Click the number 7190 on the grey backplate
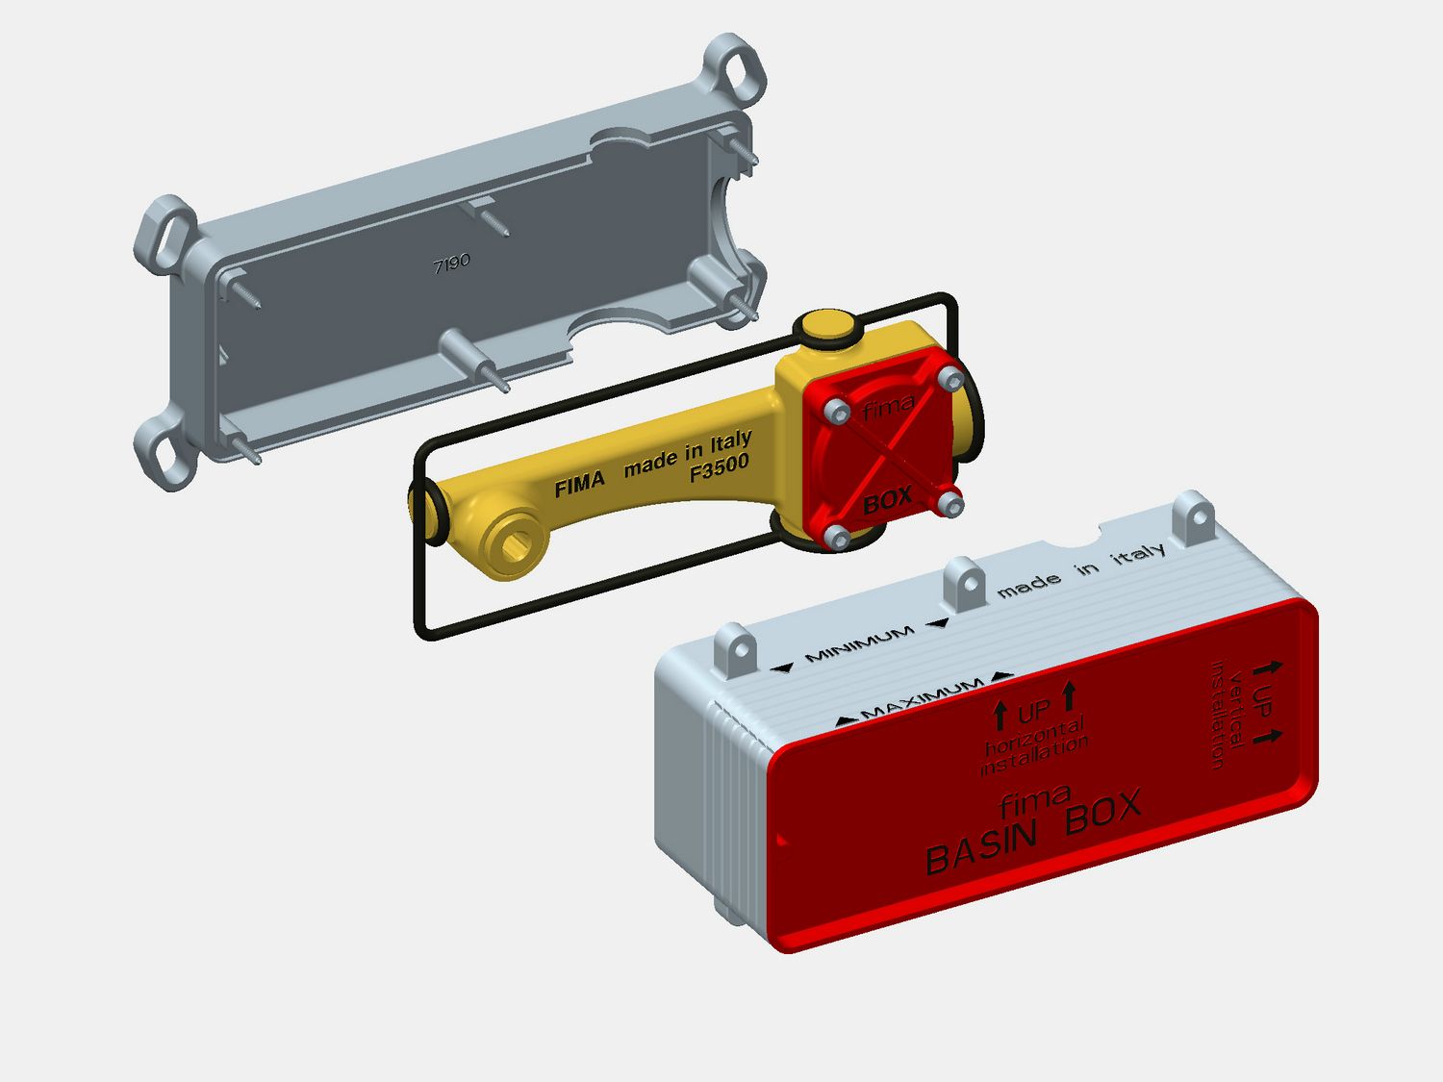[x=451, y=264]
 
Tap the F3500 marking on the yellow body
[x=720, y=467]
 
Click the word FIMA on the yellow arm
[x=579, y=485]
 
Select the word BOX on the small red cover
[x=887, y=502]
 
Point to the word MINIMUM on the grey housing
[x=859, y=643]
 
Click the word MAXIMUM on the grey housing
[x=922, y=698]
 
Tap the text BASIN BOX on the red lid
[x=1033, y=832]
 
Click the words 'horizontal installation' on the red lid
[x=1033, y=746]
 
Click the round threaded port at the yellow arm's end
[x=514, y=546]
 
